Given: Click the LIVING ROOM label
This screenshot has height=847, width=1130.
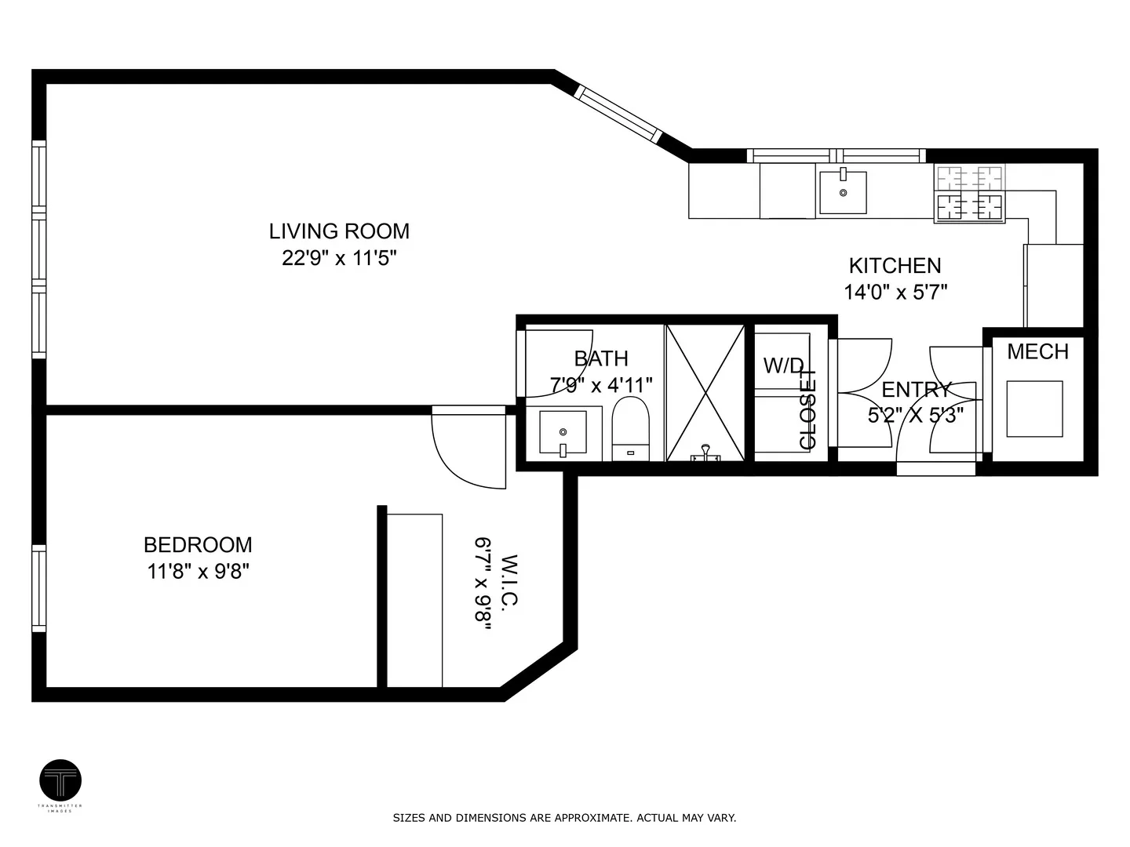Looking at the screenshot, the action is click(339, 231).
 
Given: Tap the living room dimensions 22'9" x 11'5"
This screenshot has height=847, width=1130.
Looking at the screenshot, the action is click(339, 258).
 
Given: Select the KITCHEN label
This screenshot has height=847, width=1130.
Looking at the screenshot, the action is click(895, 266).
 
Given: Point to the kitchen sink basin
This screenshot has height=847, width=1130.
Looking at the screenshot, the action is click(843, 192).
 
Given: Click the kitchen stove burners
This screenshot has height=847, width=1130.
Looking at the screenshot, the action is click(969, 194).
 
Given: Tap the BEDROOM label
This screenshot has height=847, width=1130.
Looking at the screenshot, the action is click(198, 544).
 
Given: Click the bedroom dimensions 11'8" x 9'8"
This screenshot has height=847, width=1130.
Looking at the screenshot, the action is click(199, 572).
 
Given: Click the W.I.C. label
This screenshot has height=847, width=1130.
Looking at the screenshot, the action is click(509, 582).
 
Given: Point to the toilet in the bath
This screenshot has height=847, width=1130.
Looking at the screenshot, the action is click(631, 428).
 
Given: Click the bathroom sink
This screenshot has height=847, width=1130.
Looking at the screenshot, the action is click(563, 433).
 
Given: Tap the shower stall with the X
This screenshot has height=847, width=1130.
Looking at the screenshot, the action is click(705, 392).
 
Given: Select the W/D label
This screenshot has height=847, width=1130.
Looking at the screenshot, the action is click(783, 365).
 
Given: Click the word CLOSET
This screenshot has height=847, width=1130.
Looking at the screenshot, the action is click(807, 409).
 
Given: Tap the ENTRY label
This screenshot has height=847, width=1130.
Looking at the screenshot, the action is click(916, 391).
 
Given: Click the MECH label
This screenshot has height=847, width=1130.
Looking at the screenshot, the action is click(1038, 352).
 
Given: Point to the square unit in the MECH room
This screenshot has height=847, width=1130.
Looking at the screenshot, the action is click(1035, 409).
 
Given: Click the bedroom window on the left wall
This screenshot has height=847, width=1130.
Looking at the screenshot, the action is click(39, 588).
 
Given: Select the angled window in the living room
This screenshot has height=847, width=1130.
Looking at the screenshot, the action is click(618, 114).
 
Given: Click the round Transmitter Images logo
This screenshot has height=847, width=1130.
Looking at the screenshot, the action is click(60, 780).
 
